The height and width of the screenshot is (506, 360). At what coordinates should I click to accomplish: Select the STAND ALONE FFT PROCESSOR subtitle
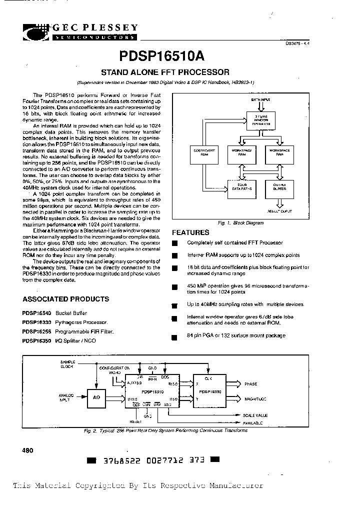point(165,72)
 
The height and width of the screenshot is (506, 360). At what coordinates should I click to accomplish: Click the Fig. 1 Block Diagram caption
point(247,222)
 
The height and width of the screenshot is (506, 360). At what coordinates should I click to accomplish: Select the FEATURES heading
point(190,232)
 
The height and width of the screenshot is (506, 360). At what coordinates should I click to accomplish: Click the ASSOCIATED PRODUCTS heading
point(65,299)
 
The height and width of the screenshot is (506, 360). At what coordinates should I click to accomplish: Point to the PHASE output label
point(250,384)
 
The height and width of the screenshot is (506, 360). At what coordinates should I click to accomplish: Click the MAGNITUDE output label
point(255,398)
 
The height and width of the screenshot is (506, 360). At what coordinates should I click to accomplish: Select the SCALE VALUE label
point(255,415)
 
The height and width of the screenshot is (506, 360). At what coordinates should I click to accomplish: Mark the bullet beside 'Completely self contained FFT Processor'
point(174,243)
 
